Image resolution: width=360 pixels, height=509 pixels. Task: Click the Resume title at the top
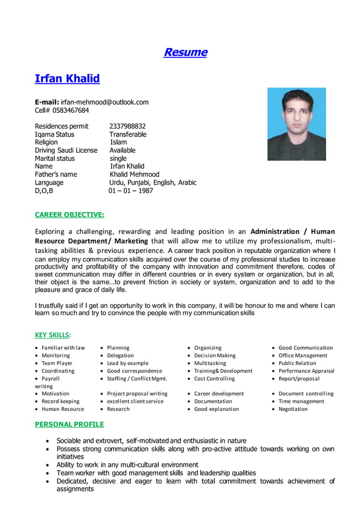tap(185, 52)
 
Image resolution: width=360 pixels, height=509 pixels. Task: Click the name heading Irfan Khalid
tap(67, 78)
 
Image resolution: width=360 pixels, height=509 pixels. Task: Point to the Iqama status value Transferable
tap(128, 134)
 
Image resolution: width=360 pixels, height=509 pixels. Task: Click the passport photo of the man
tap(296, 124)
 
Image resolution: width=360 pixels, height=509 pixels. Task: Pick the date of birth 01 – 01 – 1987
tap(130, 191)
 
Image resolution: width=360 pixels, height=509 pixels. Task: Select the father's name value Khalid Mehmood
tap(134, 174)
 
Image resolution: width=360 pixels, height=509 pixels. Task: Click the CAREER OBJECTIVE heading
tap(69, 214)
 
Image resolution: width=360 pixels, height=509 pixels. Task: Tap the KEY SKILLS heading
tap(53, 335)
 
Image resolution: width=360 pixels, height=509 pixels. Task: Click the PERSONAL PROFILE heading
tap(69, 424)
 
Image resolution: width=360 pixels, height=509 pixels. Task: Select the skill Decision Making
tap(214, 356)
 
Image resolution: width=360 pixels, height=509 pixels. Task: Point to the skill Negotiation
tap(293, 409)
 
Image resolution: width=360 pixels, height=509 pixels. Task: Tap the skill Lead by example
tap(128, 363)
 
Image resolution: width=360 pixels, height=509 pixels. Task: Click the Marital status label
tap(55, 159)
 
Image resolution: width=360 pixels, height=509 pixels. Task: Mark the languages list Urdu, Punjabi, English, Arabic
tap(152, 183)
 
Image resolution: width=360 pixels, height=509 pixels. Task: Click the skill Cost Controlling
tap(214, 379)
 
